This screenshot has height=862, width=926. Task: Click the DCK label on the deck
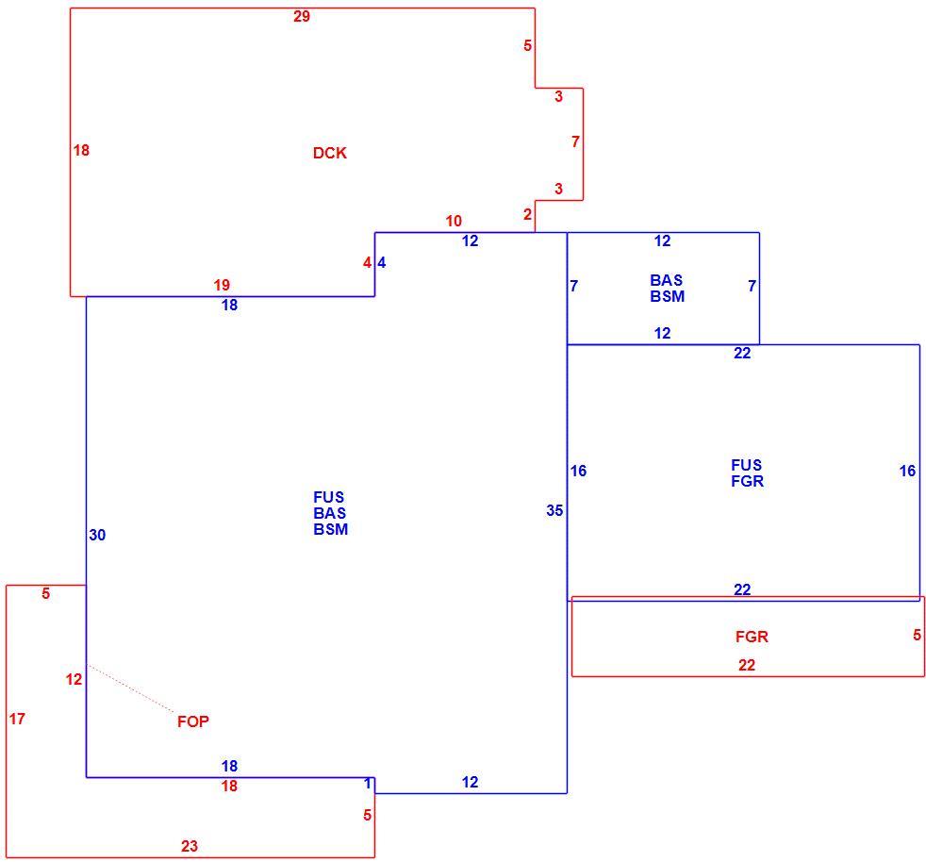coord(329,153)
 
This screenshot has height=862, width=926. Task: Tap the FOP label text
coord(193,721)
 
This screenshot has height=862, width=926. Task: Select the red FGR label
coord(752,637)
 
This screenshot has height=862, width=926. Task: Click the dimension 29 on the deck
coord(302,17)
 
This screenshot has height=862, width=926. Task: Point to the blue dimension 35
coord(554,510)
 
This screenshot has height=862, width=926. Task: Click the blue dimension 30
coord(97,536)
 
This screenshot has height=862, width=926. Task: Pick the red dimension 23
coord(189,847)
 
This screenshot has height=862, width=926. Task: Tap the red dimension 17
coord(17,719)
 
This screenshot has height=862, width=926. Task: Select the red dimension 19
coord(222,286)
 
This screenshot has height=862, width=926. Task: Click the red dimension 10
coord(454,221)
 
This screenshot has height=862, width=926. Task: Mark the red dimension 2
coord(527,214)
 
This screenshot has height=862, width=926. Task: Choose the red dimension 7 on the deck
coord(576,141)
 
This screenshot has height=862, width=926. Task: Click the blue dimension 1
coord(368,784)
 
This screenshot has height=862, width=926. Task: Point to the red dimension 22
coord(747,665)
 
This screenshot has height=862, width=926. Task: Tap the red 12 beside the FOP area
coord(74,679)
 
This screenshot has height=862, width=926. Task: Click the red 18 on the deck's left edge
coord(81,151)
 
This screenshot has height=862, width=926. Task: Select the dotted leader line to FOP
coord(131,688)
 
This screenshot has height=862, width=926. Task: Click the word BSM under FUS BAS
coord(331,529)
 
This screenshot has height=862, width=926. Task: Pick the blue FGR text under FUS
coord(748,482)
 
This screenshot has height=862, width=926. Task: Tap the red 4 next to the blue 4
coord(368,263)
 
